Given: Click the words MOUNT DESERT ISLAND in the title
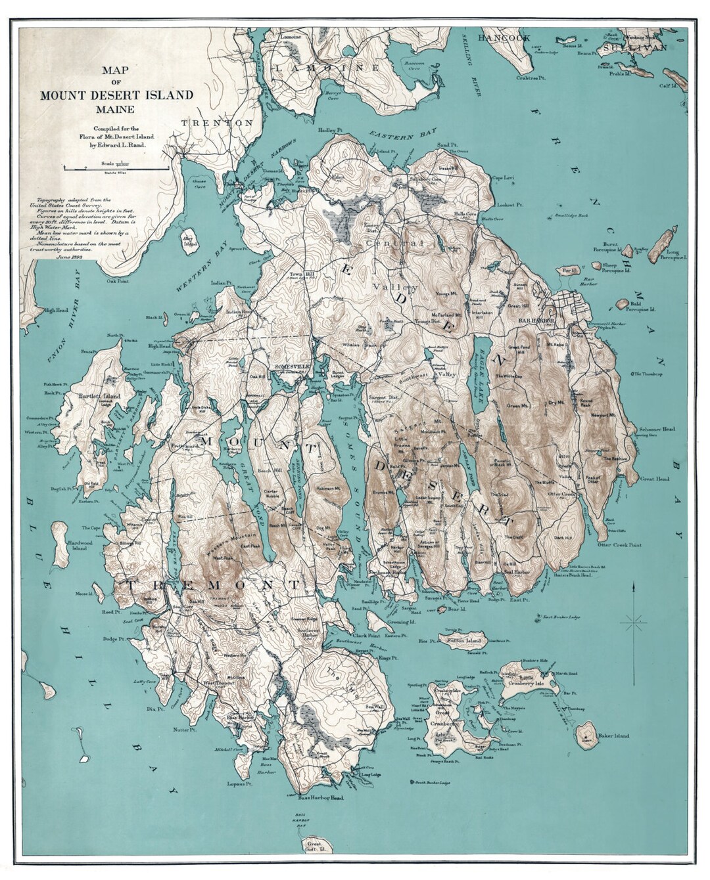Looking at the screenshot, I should pyautogui.click(x=117, y=95).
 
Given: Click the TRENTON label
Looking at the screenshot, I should pyautogui.click(x=217, y=123).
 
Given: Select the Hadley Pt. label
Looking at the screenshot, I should pyautogui.click(x=332, y=130).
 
